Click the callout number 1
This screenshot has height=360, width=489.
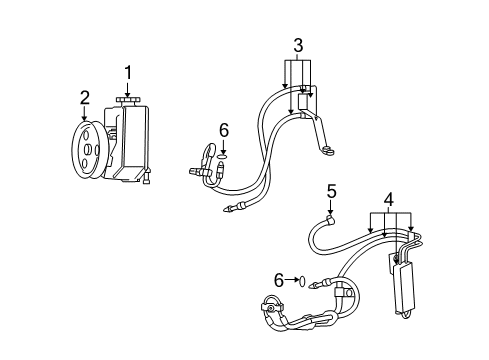coord(128,71)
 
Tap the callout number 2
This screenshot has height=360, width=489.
coord(85,97)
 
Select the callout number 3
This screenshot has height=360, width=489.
coord(298,44)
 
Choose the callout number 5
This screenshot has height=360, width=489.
coord(331,190)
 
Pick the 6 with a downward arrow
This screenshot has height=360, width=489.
coord(224,129)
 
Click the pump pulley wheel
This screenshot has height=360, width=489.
coord(86,151)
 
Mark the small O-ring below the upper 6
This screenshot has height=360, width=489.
coord(224,156)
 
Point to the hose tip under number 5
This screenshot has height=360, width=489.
coord(331,222)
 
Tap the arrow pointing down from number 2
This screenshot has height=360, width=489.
coord(85,111)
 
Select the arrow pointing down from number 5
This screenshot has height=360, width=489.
coord(331,206)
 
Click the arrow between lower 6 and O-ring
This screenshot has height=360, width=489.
coord(289,282)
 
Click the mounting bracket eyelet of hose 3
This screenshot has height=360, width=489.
coord(327,152)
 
